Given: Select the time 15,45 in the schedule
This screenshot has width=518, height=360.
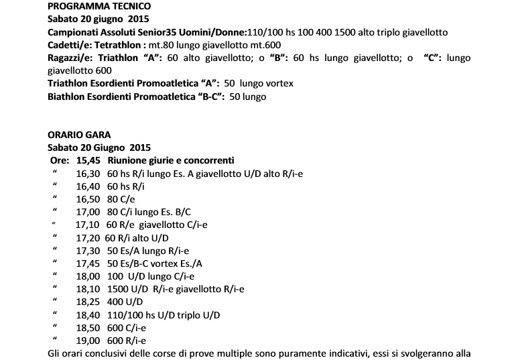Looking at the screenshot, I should (88, 160).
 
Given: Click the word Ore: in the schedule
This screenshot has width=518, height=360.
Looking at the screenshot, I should (60, 160).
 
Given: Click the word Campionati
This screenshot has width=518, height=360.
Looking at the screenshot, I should (75, 32).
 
